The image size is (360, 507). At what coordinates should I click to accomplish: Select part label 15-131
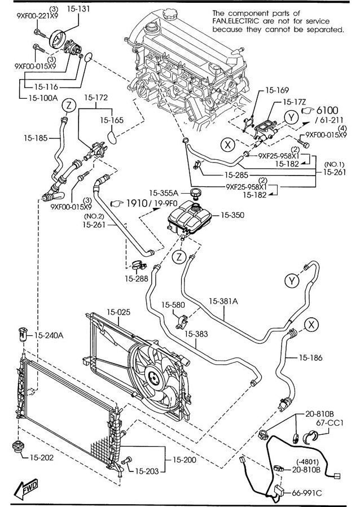(x=78, y=8)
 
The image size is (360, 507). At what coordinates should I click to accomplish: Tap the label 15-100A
(x=43, y=98)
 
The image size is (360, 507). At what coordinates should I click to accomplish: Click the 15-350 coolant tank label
(x=232, y=215)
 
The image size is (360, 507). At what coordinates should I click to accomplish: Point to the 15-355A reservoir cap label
(x=164, y=193)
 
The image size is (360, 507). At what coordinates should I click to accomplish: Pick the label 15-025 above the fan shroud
(x=118, y=312)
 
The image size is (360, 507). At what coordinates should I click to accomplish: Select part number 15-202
(x=42, y=457)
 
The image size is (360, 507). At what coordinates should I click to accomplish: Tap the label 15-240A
(x=49, y=335)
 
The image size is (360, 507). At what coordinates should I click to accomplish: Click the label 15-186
(x=310, y=357)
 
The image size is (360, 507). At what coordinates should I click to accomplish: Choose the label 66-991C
(x=307, y=493)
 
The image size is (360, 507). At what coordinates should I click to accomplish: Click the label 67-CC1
(x=330, y=423)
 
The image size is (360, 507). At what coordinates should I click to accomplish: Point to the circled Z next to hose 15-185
(x=69, y=106)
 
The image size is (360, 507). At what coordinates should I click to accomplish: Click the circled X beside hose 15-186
(x=311, y=324)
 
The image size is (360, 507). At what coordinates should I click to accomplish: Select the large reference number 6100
(x=327, y=111)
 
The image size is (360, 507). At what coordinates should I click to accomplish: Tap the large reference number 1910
(x=137, y=203)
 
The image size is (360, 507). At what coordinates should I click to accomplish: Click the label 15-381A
(x=223, y=301)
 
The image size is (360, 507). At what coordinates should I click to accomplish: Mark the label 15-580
(x=173, y=304)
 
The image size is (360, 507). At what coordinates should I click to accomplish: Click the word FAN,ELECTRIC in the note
(x=236, y=21)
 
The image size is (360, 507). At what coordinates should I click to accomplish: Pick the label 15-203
(x=147, y=471)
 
